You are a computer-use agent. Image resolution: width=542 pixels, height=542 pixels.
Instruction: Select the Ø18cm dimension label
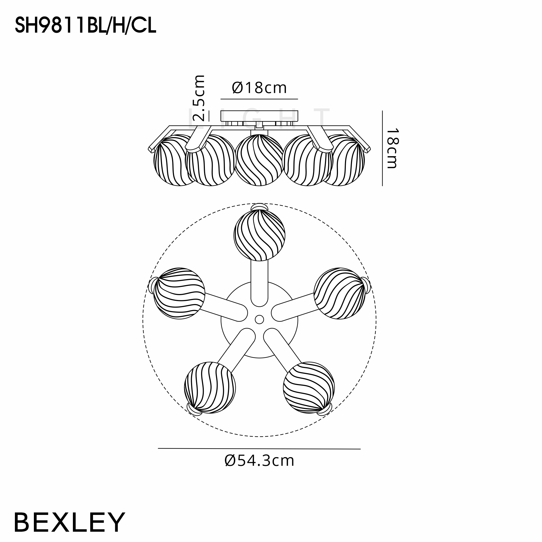[x=259, y=88]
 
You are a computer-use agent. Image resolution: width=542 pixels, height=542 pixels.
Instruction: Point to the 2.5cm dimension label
[x=199, y=98]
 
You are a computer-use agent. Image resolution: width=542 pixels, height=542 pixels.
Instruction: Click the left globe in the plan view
[x=179, y=293]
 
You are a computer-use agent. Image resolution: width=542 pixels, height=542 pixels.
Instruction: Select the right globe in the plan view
[x=340, y=293]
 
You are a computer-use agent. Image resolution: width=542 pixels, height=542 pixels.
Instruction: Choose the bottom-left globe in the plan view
[x=210, y=388]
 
